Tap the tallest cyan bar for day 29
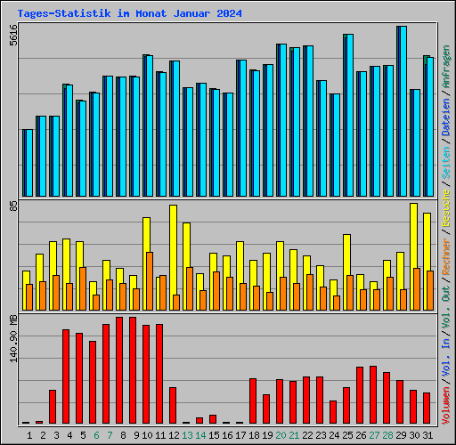pos(403,111)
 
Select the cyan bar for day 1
pos(28,162)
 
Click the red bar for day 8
pos(119,370)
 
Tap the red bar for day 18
pos(253,400)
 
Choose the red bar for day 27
pos(373,395)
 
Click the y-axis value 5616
pos(12,36)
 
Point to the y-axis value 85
pos(12,206)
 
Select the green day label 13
pos(186,435)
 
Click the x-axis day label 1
pos(29,435)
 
